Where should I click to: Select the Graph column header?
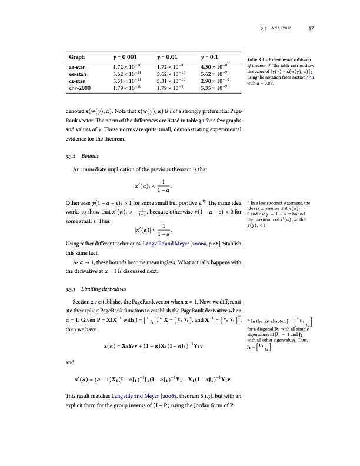76,58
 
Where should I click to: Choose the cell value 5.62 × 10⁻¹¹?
130,76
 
